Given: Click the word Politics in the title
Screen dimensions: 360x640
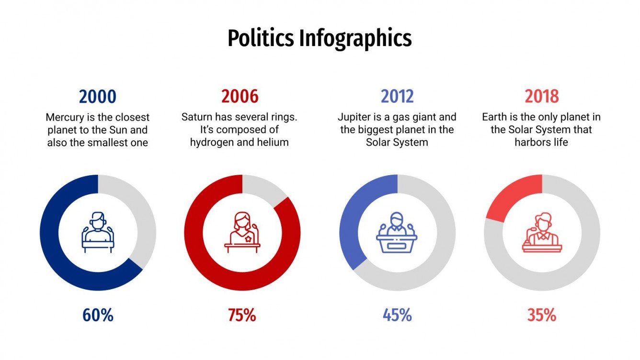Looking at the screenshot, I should (261, 38).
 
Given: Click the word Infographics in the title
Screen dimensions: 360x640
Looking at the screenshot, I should (355, 38).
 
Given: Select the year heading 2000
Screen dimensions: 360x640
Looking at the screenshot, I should (98, 97).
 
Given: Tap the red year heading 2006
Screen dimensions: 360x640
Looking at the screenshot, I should (240, 97).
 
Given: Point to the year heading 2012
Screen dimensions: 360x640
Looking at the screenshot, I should (397, 97).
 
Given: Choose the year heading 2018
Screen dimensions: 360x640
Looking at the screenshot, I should (542, 97).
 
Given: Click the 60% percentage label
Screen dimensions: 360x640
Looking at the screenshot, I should (98, 315).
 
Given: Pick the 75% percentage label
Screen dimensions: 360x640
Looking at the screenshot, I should (242, 315).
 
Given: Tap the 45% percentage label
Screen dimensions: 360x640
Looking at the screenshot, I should (397, 315).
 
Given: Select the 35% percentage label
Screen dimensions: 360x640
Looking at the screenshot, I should (542, 315).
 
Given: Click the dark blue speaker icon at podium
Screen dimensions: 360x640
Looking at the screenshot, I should (98, 233).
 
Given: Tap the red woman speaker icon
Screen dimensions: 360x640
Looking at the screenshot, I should (242, 233).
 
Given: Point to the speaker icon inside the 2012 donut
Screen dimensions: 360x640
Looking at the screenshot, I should (397, 233).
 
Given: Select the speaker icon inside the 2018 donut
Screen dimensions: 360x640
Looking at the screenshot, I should (542, 233).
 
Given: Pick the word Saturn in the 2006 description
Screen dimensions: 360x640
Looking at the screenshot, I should (197, 117).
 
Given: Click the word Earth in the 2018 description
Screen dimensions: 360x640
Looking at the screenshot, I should (495, 117).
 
